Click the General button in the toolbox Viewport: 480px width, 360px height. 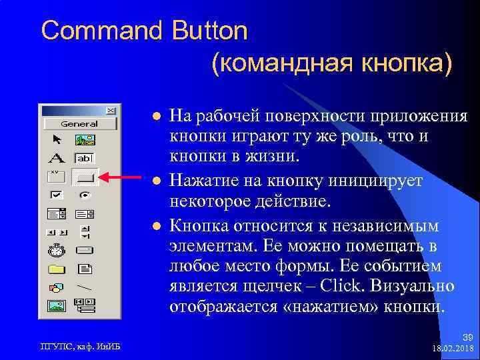(x=79, y=123)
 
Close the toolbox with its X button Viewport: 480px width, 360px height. (x=111, y=111)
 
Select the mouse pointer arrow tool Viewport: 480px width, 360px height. (x=57, y=139)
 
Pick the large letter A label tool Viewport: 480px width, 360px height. (x=57, y=158)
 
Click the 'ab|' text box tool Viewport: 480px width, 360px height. (x=85, y=158)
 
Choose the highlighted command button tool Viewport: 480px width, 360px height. (x=85, y=177)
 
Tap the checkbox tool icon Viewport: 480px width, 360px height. (x=57, y=195)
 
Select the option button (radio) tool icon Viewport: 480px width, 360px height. (x=85, y=195)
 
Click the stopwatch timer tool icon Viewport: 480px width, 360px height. (x=57, y=251)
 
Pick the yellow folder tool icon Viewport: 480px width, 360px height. (x=57, y=269)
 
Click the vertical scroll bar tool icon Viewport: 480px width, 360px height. (x=85, y=231)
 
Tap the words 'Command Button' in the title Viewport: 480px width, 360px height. (x=144, y=31)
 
